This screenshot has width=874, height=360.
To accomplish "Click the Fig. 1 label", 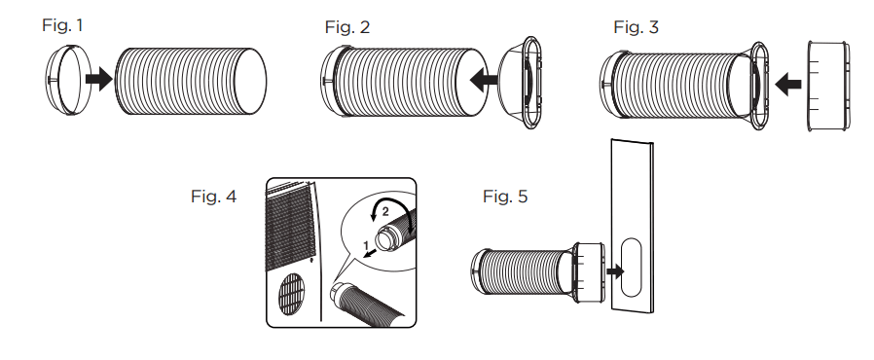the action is tap(62, 25).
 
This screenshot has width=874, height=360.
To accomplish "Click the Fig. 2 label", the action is tap(347, 27).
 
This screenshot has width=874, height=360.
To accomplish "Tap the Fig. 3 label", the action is tap(636, 27).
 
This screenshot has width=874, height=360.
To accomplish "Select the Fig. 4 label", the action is tap(213, 197).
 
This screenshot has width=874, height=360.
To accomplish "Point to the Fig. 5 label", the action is tap(505, 197).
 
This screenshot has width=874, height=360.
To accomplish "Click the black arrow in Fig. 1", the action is tap(98, 79).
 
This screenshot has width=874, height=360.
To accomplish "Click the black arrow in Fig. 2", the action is tap(484, 80).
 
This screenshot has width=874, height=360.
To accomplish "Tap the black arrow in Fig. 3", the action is tap(788, 85).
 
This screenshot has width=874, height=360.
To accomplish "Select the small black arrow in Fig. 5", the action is tap(615, 272).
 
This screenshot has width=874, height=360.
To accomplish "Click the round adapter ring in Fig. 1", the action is tap(66, 80).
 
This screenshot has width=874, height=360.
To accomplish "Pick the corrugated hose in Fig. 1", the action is tap(191, 82).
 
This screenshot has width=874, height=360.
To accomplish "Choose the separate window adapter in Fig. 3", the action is tap(829, 87).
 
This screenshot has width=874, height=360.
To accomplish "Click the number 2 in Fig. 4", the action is tap(385, 211).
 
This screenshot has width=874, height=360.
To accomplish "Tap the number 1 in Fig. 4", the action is tap(366, 244).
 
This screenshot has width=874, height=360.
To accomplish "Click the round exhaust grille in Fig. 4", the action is tap(293, 293).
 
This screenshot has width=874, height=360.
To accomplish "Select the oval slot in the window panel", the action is tap(631, 268).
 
